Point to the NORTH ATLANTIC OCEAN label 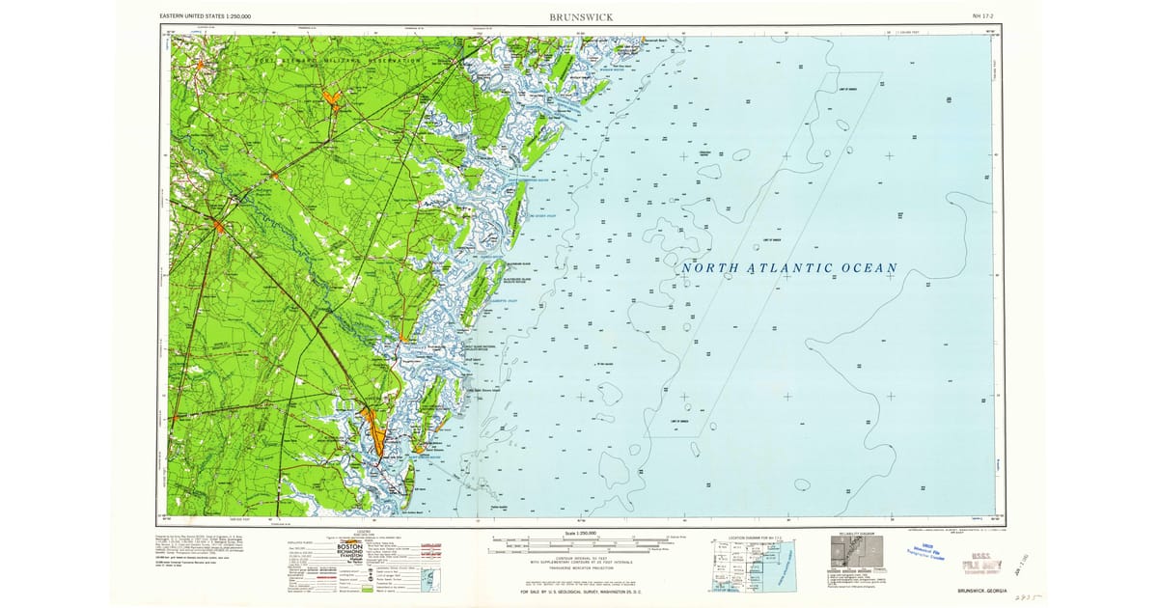789,267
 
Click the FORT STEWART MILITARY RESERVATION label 338,61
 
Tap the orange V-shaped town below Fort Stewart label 333,99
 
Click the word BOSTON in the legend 348,547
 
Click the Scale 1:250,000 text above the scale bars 573,533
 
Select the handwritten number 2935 1024,599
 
